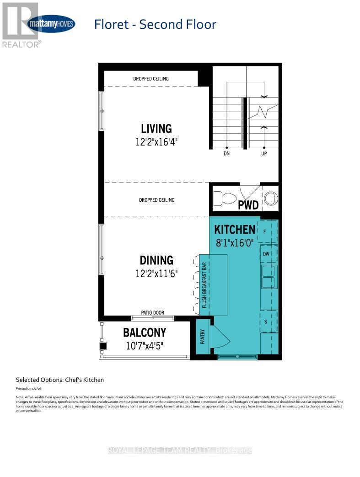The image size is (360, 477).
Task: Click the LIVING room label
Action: point(156,129)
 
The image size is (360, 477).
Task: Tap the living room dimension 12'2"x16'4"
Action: point(156,142)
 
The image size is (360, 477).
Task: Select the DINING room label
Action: point(156,260)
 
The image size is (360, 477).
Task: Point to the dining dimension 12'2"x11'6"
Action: point(156,273)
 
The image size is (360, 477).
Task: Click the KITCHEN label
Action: point(235,229)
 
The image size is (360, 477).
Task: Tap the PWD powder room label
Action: point(248,205)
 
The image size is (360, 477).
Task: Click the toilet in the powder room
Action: point(225,198)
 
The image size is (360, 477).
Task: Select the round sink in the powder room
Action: point(271,198)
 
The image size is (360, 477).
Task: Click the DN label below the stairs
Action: point(226,154)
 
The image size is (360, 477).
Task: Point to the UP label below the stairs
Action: point(263,154)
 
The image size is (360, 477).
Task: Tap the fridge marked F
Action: point(265,232)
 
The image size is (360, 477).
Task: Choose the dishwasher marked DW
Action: point(266,253)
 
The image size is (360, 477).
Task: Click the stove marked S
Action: point(265,322)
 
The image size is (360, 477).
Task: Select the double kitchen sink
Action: point(269,276)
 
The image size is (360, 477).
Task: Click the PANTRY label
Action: point(202,337)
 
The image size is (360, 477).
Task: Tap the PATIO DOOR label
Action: point(152,313)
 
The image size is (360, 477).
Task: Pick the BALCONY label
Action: point(145,332)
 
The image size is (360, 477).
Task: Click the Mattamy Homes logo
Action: point(52,23)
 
